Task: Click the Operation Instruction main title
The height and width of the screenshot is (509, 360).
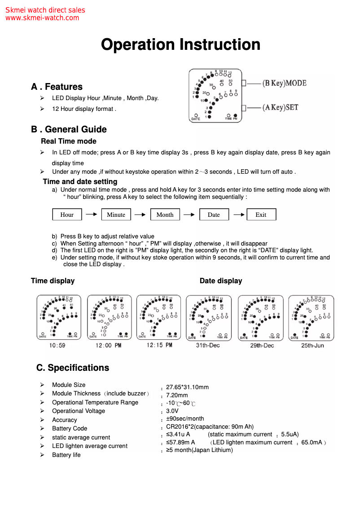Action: click(180, 45)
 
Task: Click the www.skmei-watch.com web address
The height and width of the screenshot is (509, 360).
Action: click(42, 18)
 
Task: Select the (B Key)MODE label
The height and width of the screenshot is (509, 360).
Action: click(284, 83)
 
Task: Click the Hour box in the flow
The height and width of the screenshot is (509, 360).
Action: click(67, 215)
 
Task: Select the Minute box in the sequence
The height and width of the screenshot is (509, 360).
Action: click(116, 215)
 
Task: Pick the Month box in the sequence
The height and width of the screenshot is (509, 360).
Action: click(165, 215)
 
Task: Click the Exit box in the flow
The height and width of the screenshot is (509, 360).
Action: click(261, 215)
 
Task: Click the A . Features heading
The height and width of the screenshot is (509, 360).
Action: click(57, 87)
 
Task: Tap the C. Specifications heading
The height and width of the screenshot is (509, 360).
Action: click(73, 368)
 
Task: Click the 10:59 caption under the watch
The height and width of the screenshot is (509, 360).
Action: click(57, 346)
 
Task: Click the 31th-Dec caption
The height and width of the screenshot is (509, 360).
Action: click(208, 346)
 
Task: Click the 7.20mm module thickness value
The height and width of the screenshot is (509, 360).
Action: click(177, 395)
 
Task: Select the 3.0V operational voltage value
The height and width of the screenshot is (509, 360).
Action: click(172, 411)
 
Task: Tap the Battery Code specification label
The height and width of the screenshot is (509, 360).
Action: click(70, 428)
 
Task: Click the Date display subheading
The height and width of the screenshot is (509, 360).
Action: click(220, 281)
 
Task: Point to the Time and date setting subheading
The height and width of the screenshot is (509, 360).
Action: click(80, 181)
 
